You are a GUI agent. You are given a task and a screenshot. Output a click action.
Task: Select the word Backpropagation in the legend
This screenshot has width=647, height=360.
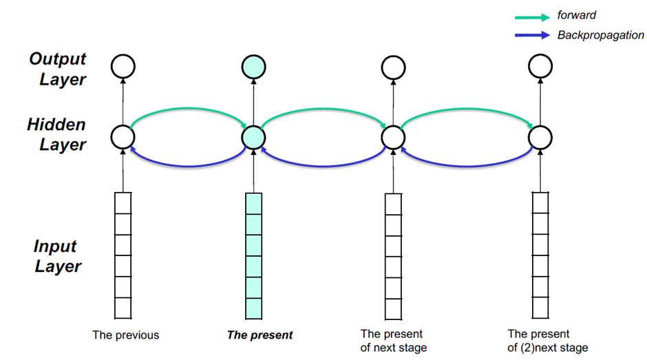pyautogui.click(x=600, y=35)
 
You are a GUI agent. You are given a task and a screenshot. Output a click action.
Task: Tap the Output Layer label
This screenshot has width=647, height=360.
pyautogui.click(x=57, y=69)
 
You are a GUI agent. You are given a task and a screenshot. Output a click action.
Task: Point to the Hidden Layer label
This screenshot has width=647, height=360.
pyautogui.click(x=56, y=134)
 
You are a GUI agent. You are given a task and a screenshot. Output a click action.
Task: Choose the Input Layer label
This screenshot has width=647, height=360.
pyautogui.click(x=57, y=256)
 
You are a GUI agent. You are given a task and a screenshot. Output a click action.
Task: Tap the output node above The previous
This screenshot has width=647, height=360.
pyautogui.click(x=123, y=67)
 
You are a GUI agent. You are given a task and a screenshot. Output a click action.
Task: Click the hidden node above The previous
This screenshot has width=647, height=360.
pyautogui.click(x=123, y=138)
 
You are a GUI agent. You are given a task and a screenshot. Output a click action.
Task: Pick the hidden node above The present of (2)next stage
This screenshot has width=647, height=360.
pyautogui.click(x=540, y=138)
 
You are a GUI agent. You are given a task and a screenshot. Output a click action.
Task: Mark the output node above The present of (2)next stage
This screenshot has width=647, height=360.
pyautogui.click(x=540, y=67)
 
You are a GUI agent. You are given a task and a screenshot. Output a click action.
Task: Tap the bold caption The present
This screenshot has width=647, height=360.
pyautogui.click(x=259, y=335)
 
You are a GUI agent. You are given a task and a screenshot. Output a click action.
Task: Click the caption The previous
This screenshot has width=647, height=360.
pyautogui.click(x=126, y=335)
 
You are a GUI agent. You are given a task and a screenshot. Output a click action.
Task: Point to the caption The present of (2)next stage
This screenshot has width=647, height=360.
pyautogui.click(x=547, y=341)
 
